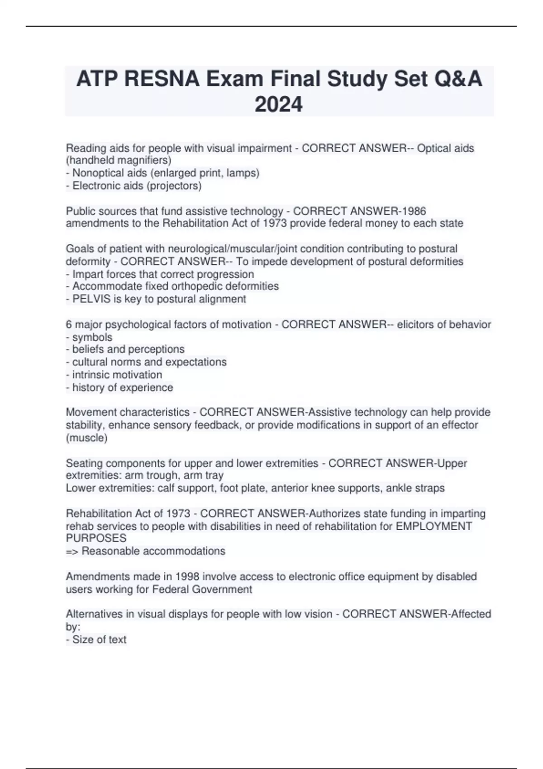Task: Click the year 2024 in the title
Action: click(x=278, y=104)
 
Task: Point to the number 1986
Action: click(x=414, y=211)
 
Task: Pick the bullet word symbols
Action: click(x=92, y=337)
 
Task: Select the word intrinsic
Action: click(x=89, y=375)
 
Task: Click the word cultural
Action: click(x=88, y=362)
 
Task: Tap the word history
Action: click(x=88, y=387)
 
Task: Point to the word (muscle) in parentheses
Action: click(x=87, y=437)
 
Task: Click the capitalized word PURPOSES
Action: click(x=96, y=538)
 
